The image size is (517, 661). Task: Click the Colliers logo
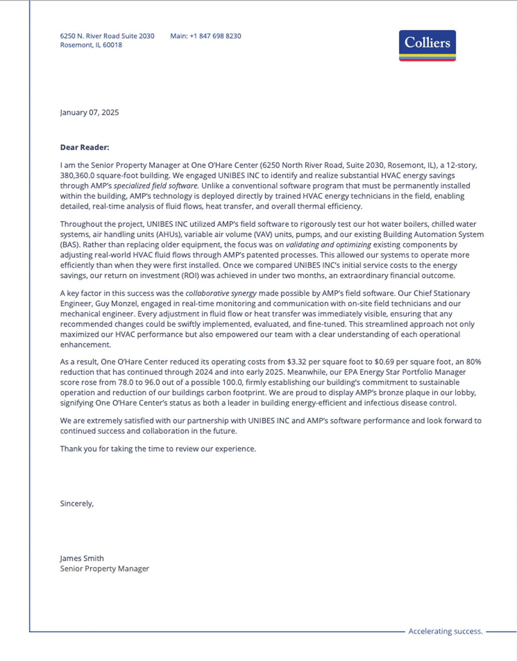pos(427,45)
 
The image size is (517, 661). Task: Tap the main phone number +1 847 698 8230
pos(215,36)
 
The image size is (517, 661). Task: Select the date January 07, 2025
pos(89,112)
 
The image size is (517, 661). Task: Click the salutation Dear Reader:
pos(84,147)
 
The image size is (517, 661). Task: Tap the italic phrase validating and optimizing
pos(328,245)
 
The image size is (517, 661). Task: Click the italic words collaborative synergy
pos(221,293)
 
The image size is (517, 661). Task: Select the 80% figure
pos(473,362)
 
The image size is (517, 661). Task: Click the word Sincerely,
pos(77,504)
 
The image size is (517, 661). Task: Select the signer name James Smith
pos(82,559)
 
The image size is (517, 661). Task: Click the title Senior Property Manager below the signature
pos(104,569)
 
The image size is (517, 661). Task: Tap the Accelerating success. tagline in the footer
pos(445,631)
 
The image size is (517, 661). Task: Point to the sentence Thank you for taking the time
pos(158,449)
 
